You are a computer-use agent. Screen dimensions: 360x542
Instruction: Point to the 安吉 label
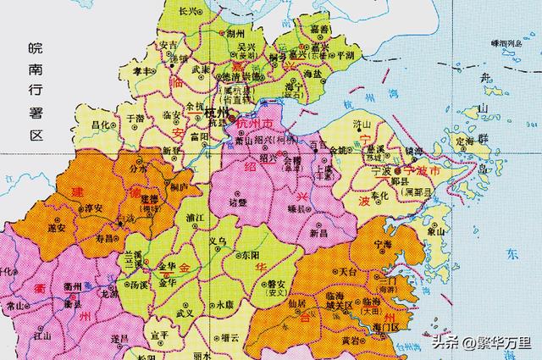[x=169, y=47]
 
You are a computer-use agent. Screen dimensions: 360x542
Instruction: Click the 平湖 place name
[x=347, y=55]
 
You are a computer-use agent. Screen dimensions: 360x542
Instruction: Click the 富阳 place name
[x=201, y=135]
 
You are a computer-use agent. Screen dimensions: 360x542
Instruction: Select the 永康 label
[x=224, y=303]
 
